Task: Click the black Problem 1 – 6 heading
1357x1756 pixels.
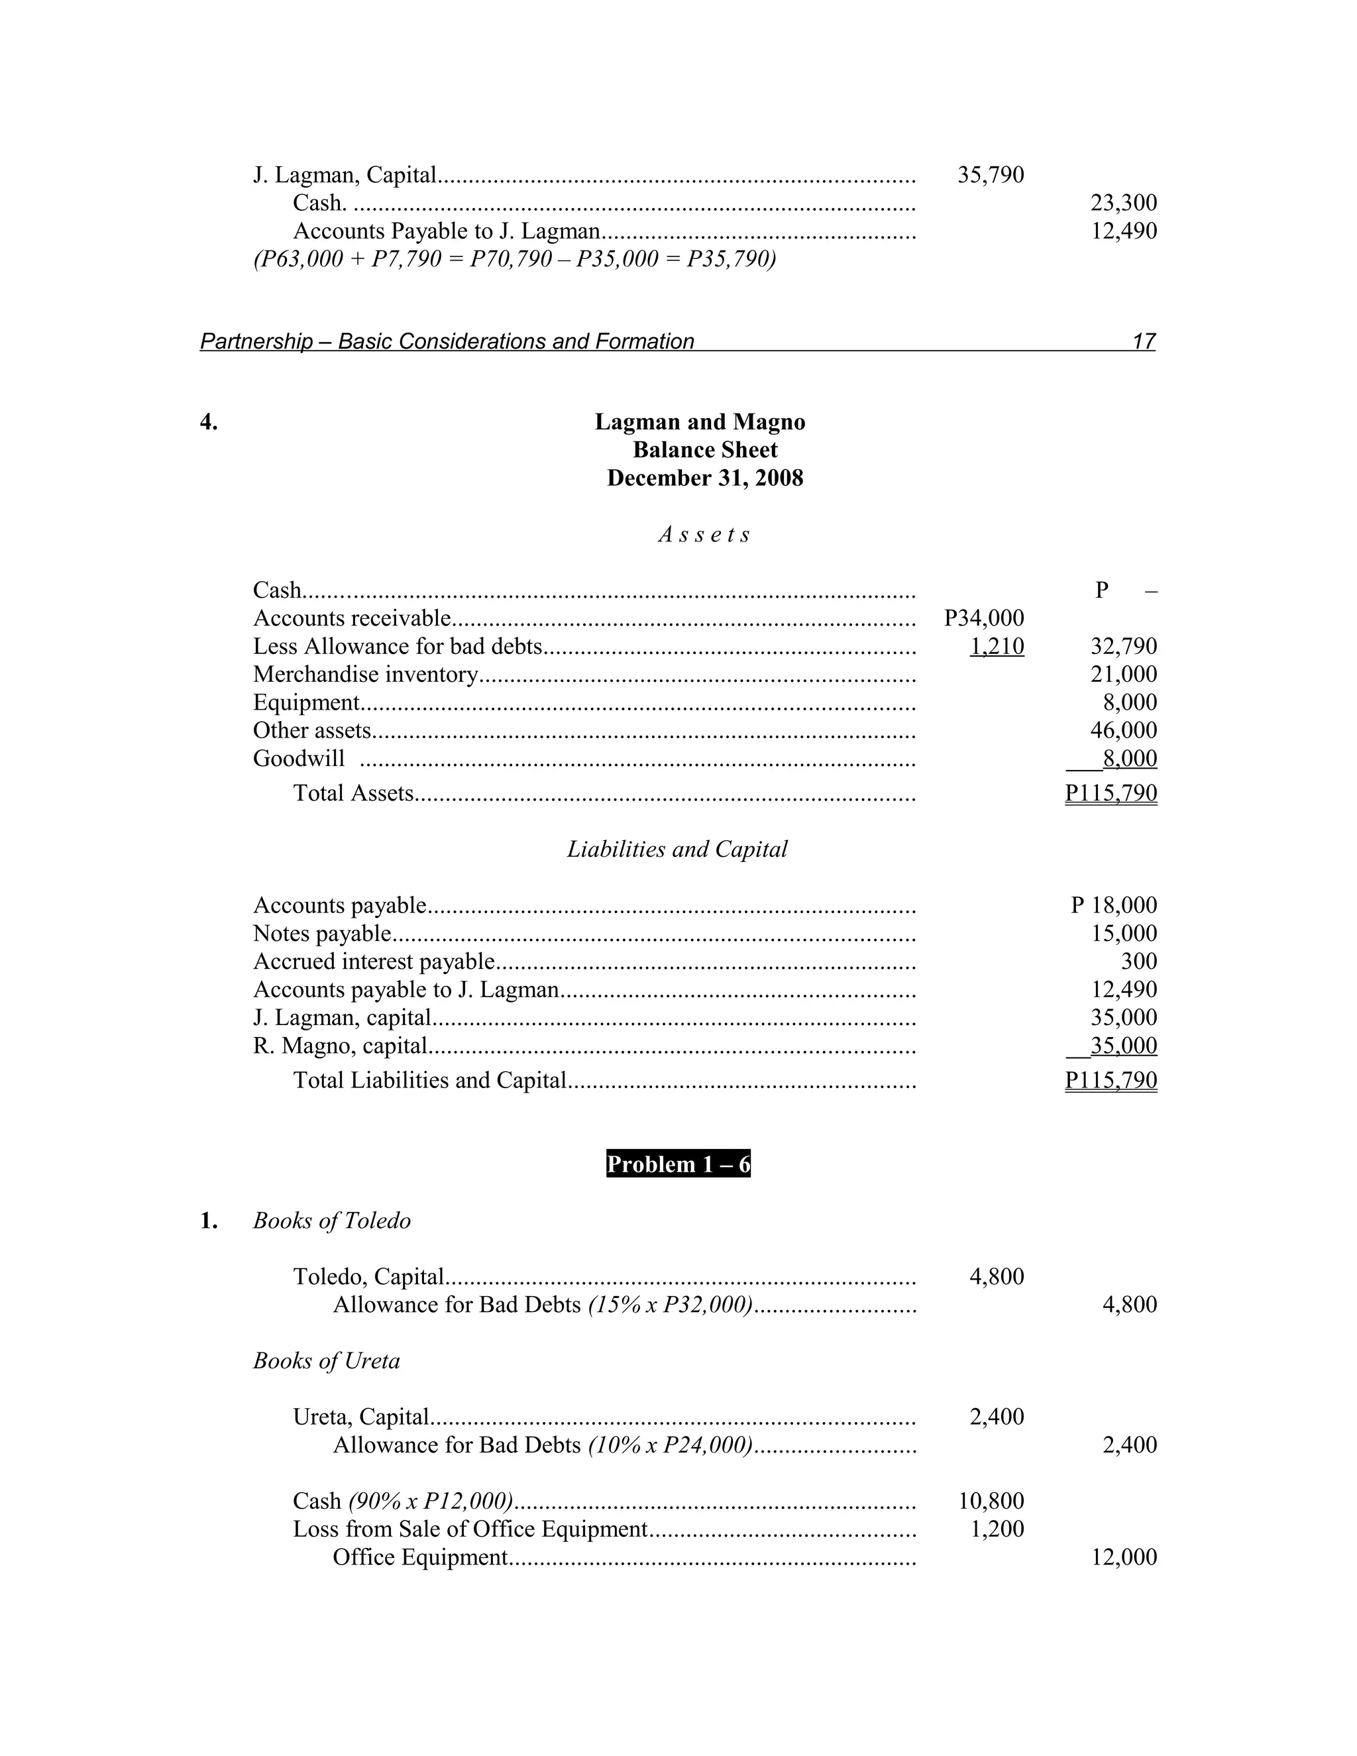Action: coord(678,1164)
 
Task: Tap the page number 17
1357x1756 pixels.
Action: coord(1142,342)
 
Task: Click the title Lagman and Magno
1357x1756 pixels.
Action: coord(700,422)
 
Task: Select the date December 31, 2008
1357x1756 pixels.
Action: coord(704,478)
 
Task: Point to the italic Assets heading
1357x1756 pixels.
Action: coord(704,535)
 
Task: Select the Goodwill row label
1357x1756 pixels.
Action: coord(298,759)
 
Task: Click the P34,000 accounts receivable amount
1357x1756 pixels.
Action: coord(983,618)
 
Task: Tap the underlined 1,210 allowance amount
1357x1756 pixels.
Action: coord(997,647)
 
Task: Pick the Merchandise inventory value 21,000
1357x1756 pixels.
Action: coord(1123,675)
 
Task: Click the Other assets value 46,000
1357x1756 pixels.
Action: coord(1123,731)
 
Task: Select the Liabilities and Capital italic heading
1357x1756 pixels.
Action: coord(677,850)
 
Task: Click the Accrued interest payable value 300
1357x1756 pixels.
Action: coord(1138,961)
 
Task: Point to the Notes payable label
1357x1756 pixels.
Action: coord(321,934)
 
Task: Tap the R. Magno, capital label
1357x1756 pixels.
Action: coord(339,1046)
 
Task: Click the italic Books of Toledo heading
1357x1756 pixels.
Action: coord(331,1221)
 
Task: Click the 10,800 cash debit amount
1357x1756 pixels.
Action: coord(991,1501)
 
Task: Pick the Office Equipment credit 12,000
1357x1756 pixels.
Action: coord(1123,1557)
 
